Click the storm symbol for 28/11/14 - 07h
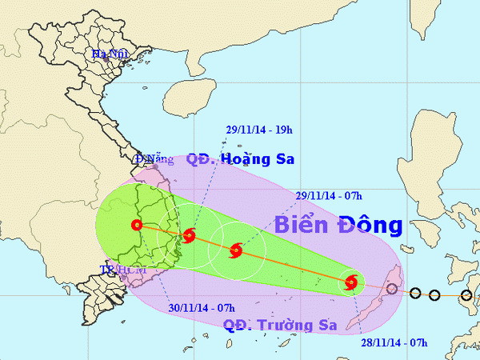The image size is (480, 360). [351, 282]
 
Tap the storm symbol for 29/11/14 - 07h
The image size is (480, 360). [236, 251]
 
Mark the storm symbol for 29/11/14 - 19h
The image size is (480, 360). [189, 235]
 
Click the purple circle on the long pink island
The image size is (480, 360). [392, 289]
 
